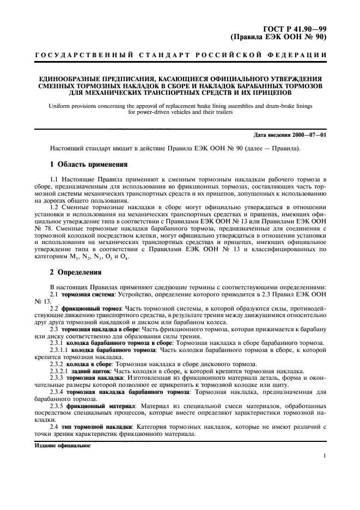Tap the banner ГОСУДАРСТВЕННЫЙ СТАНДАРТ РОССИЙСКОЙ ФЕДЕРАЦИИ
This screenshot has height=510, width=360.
(x=180, y=56)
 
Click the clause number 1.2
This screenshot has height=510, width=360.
(x=55, y=208)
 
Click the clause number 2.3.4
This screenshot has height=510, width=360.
(x=57, y=392)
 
